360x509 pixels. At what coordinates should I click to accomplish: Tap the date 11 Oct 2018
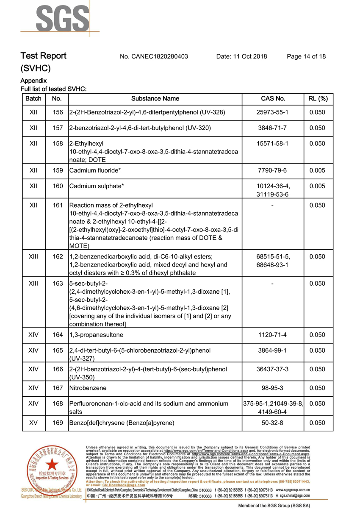[241, 56]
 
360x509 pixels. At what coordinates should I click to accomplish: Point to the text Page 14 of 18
[306, 56]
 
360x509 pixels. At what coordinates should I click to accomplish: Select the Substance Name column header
[155, 99]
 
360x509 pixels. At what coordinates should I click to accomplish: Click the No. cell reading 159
[57, 170]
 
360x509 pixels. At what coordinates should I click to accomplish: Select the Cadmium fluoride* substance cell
[96, 170]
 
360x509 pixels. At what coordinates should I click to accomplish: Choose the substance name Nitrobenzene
[88, 388]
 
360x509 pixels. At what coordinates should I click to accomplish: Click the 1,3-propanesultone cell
[96, 335]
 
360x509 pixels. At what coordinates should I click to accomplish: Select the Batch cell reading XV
[33, 423]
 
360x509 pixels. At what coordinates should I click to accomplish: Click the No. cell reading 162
[57, 256]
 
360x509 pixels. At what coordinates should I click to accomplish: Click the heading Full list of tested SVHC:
[54, 89]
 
